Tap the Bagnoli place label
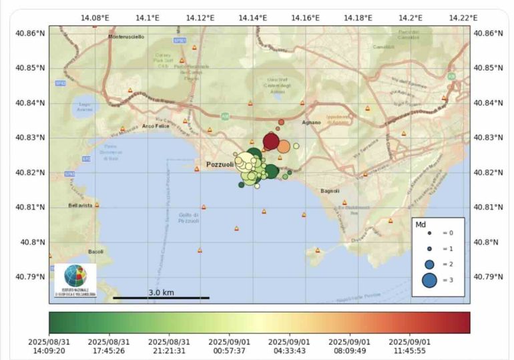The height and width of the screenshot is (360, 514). pos(330,191)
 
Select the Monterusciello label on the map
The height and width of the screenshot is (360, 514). pos(125,37)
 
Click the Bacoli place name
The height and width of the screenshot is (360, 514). pos(95,252)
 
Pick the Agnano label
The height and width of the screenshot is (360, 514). pos(311,123)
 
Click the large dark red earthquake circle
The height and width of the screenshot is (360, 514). pos(271,141)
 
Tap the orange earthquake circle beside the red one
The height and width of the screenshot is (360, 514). pos(284,146)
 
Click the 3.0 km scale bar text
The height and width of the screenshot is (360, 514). pos(161,293)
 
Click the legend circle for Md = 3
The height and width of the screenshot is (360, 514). pos(429,281)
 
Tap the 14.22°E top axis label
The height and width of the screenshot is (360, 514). pos(463,18)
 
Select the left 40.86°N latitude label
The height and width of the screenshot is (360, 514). pos(32,33)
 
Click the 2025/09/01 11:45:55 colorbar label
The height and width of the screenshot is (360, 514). pos(410,345)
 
